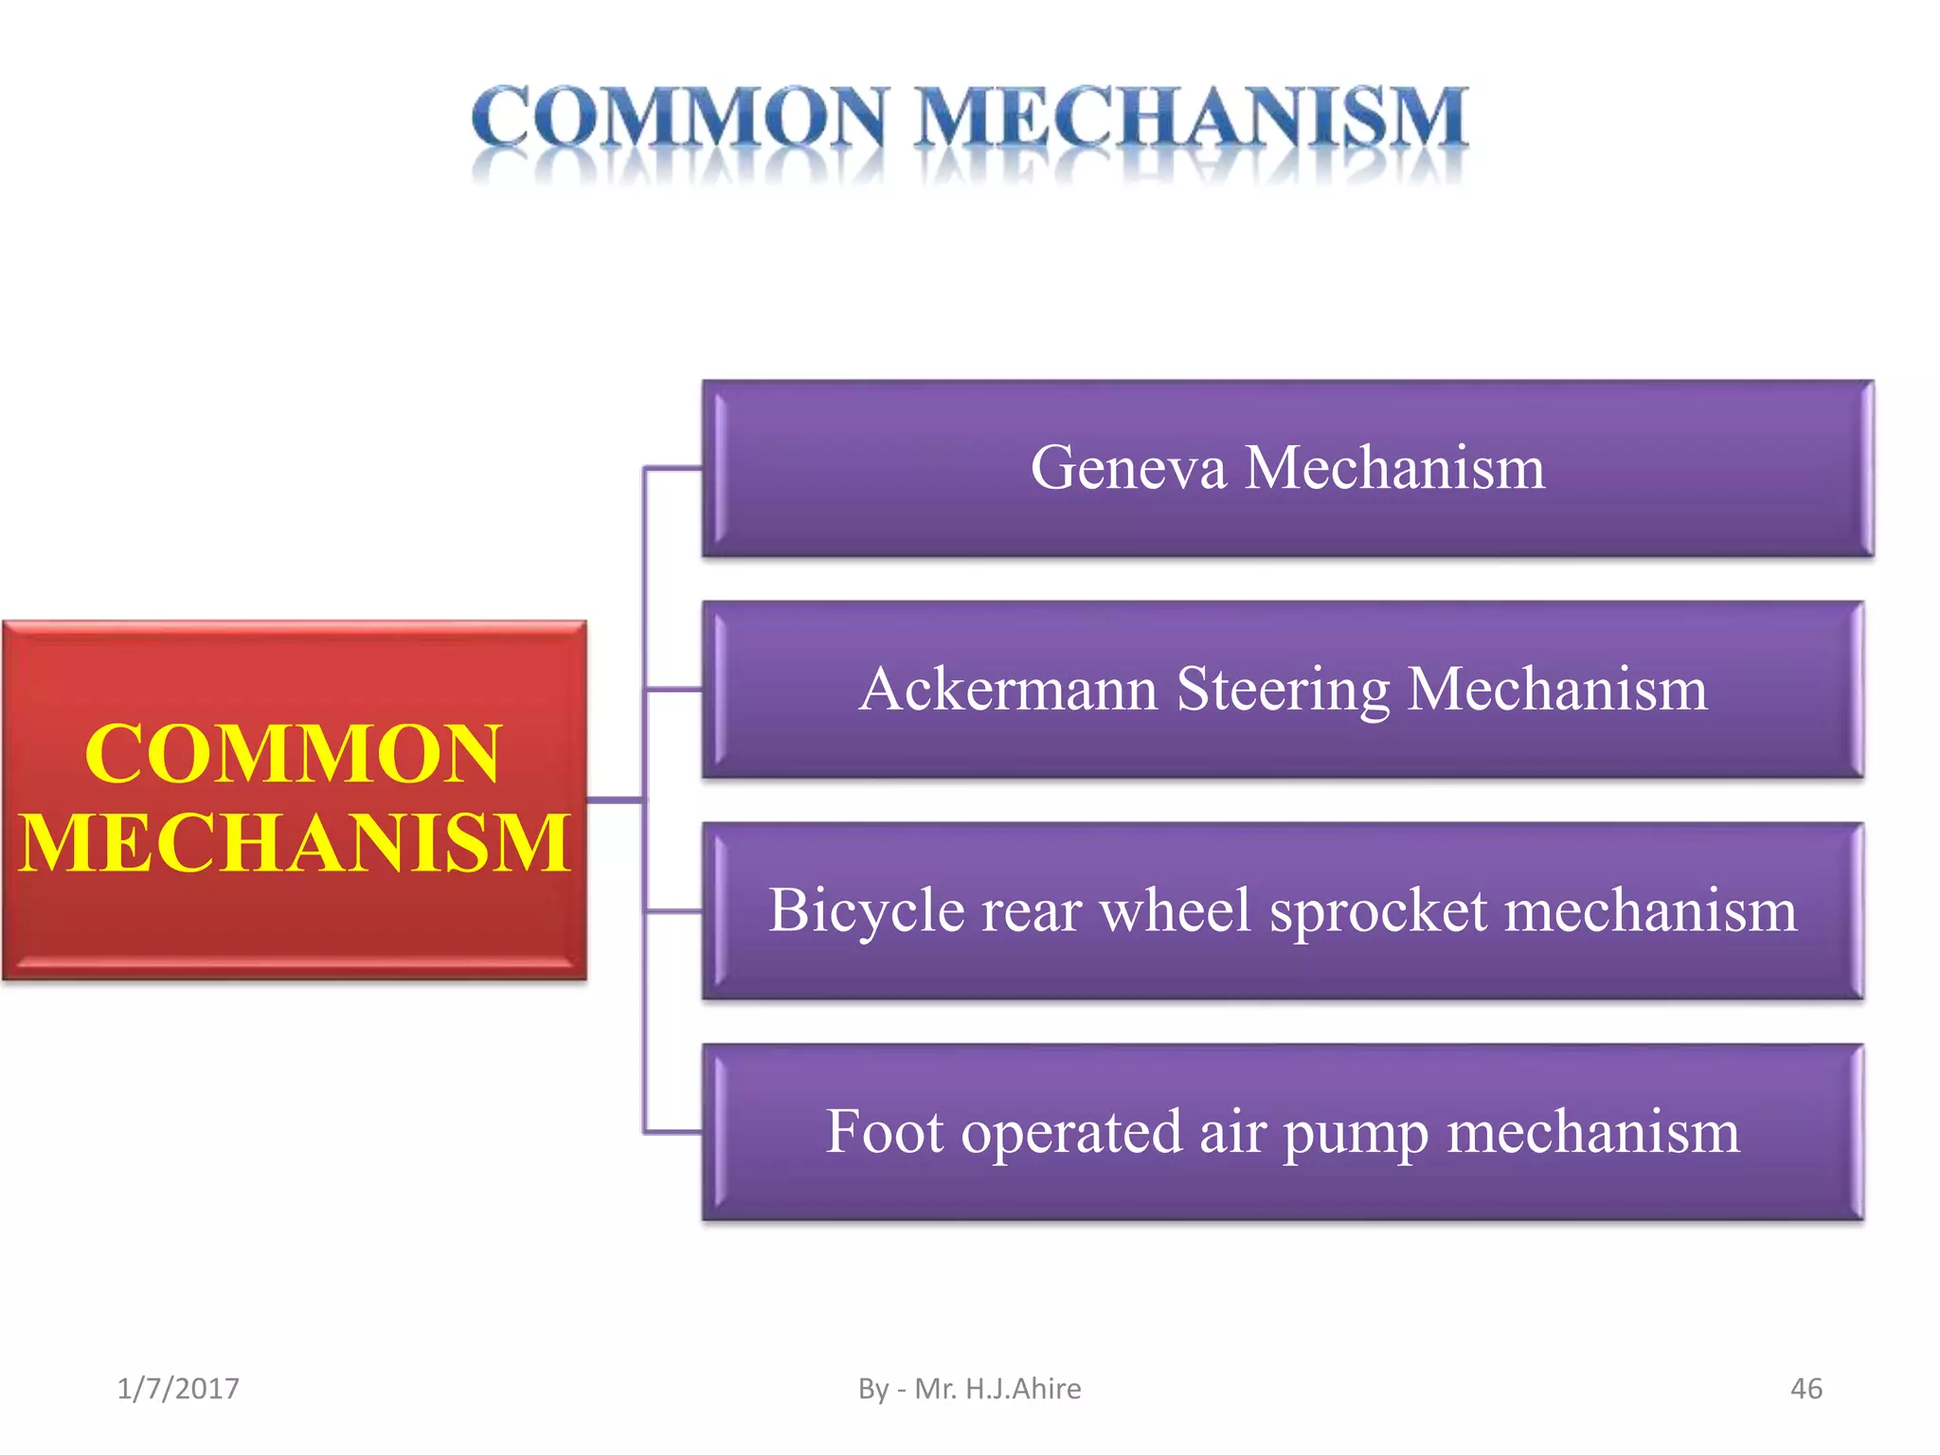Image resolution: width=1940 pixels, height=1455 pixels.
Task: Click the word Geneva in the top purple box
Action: [1127, 468]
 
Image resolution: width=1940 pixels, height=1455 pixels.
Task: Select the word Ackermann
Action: [1008, 689]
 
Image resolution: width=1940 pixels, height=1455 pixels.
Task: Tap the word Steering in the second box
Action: [1283, 691]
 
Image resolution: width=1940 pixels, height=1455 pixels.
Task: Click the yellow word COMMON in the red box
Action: [292, 754]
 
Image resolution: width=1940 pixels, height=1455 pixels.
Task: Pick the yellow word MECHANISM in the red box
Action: [294, 842]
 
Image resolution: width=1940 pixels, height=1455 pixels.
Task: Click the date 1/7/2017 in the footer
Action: [178, 1389]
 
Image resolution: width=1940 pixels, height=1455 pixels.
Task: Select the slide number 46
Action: [1805, 1389]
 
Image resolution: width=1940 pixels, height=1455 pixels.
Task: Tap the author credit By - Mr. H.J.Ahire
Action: [969, 1389]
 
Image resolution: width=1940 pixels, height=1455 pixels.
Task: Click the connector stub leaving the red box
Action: [615, 800]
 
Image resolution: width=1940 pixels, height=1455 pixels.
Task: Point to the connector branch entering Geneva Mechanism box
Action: [674, 468]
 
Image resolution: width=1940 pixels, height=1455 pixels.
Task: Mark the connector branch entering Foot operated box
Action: [674, 1132]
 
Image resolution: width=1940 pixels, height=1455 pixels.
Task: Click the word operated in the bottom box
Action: [1071, 1133]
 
